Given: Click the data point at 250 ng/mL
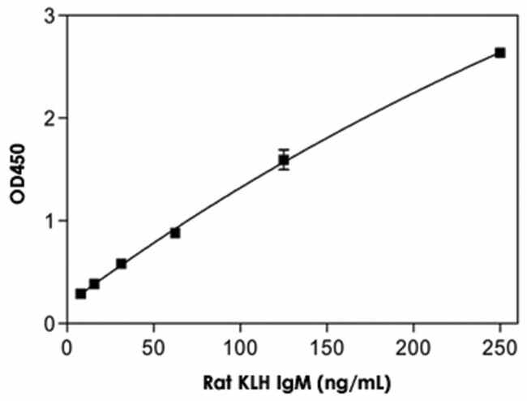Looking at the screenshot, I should [x=500, y=53].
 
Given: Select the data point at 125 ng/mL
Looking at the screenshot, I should [x=284, y=160].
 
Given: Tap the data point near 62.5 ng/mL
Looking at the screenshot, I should [x=175, y=232].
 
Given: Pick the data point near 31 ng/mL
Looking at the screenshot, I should [x=121, y=264].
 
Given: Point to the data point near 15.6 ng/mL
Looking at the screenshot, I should [x=94, y=284].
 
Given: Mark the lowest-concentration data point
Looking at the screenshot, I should [x=80, y=293].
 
